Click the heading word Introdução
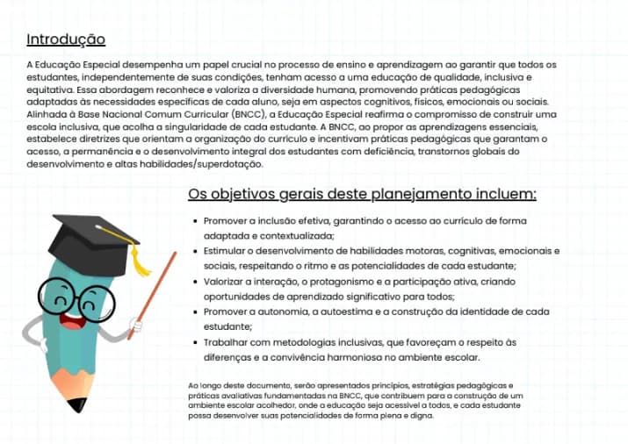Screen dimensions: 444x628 point(66,39)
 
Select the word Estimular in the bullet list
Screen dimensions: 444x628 point(226,250)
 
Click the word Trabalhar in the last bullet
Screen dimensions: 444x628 point(227,342)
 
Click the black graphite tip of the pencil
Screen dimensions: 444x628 point(78,405)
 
